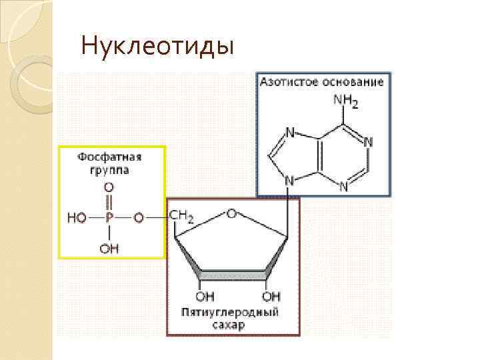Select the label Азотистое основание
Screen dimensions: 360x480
322,83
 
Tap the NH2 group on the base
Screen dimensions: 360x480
345,102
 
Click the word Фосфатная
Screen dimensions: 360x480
111,157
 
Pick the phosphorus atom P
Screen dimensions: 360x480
110,217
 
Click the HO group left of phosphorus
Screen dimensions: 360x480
77,217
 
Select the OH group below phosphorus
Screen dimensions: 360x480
110,248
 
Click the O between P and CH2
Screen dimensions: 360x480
139,217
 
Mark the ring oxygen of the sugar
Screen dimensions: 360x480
231,213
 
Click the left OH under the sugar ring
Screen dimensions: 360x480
205,295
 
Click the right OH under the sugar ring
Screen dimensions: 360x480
271,295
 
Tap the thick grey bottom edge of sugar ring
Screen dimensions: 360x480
234,274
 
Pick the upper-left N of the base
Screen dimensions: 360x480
290,133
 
